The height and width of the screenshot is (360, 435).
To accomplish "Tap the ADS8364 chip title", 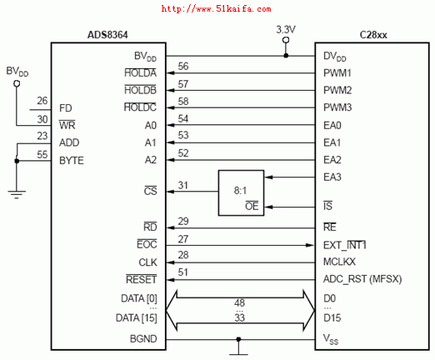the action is [x=107, y=35].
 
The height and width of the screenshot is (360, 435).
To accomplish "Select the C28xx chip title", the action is [x=373, y=35].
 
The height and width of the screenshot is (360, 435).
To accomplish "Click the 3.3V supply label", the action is [x=286, y=29].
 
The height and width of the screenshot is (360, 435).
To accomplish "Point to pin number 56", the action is [x=183, y=67].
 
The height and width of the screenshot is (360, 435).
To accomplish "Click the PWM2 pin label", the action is [x=337, y=90].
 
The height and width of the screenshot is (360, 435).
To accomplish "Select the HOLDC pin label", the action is [x=140, y=107].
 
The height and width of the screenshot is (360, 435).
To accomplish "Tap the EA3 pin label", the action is [x=332, y=177].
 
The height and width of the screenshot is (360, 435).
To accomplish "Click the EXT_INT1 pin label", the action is [x=345, y=245].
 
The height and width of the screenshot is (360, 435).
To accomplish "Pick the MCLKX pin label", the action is [x=339, y=262].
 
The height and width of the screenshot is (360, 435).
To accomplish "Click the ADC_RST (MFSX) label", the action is [x=362, y=279].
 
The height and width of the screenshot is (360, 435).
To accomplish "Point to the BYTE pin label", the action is [x=72, y=161].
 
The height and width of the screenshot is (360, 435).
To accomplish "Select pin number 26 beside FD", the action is [x=42, y=101].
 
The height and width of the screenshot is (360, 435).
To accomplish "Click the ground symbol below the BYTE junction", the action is [x=17, y=194].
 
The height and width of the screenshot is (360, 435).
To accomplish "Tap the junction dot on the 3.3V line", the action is [x=286, y=56].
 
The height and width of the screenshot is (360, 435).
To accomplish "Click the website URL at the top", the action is [x=216, y=9].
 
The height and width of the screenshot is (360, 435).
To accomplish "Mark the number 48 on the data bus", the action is [x=239, y=302].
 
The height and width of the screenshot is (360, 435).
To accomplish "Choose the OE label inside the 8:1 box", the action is [x=252, y=206].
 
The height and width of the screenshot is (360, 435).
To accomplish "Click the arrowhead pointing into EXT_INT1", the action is [x=310, y=245].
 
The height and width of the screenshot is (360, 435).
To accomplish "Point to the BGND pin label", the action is [x=143, y=339].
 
